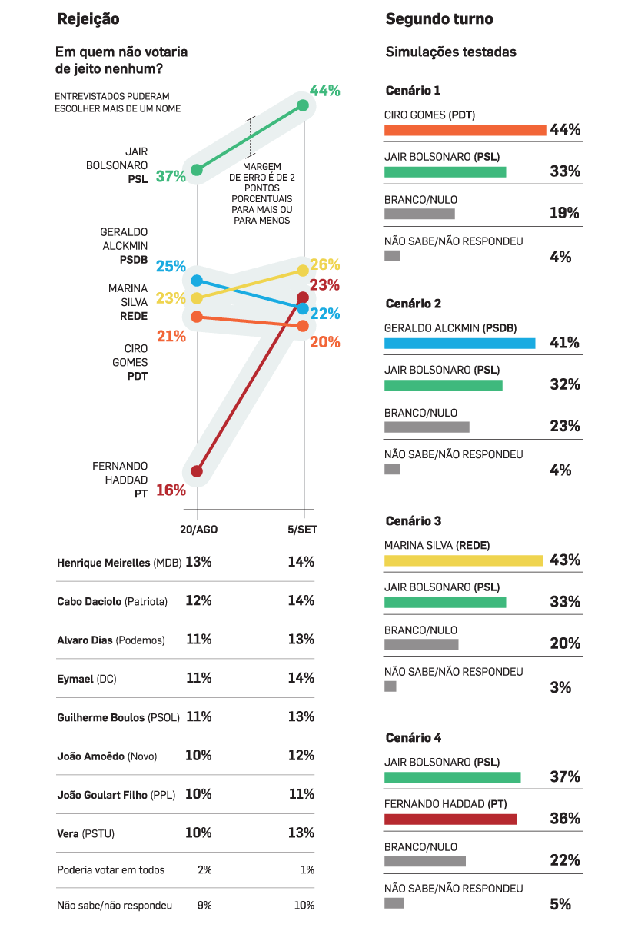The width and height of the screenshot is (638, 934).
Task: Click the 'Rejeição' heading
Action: [x=88, y=19]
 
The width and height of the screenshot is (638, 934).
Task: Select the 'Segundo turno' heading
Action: [x=439, y=19]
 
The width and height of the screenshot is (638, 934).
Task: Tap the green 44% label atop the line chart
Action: [x=324, y=91]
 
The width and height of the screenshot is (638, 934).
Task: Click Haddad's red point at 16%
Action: [x=197, y=471]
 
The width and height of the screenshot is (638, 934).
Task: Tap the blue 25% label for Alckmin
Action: [x=171, y=267]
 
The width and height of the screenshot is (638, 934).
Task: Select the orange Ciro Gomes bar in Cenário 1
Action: [x=464, y=130]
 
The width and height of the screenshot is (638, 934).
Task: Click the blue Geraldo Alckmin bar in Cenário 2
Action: [x=460, y=343]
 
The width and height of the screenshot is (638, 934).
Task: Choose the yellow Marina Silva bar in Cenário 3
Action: [x=463, y=560]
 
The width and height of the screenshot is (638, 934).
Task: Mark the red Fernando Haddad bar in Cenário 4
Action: [x=450, y=819]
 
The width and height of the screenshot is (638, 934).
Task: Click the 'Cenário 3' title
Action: [x=413, y=521]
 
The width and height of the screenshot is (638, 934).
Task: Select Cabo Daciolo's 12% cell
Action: [x=198, y=600]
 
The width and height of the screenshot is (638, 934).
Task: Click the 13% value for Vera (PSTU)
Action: [x=301, y=833]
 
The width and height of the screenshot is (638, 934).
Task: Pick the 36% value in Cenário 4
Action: [x=565, y=819]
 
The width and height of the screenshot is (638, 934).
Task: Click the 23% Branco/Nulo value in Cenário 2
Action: [x=565, y=427]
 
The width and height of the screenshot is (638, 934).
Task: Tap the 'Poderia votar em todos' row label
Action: [x=111, y=870]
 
